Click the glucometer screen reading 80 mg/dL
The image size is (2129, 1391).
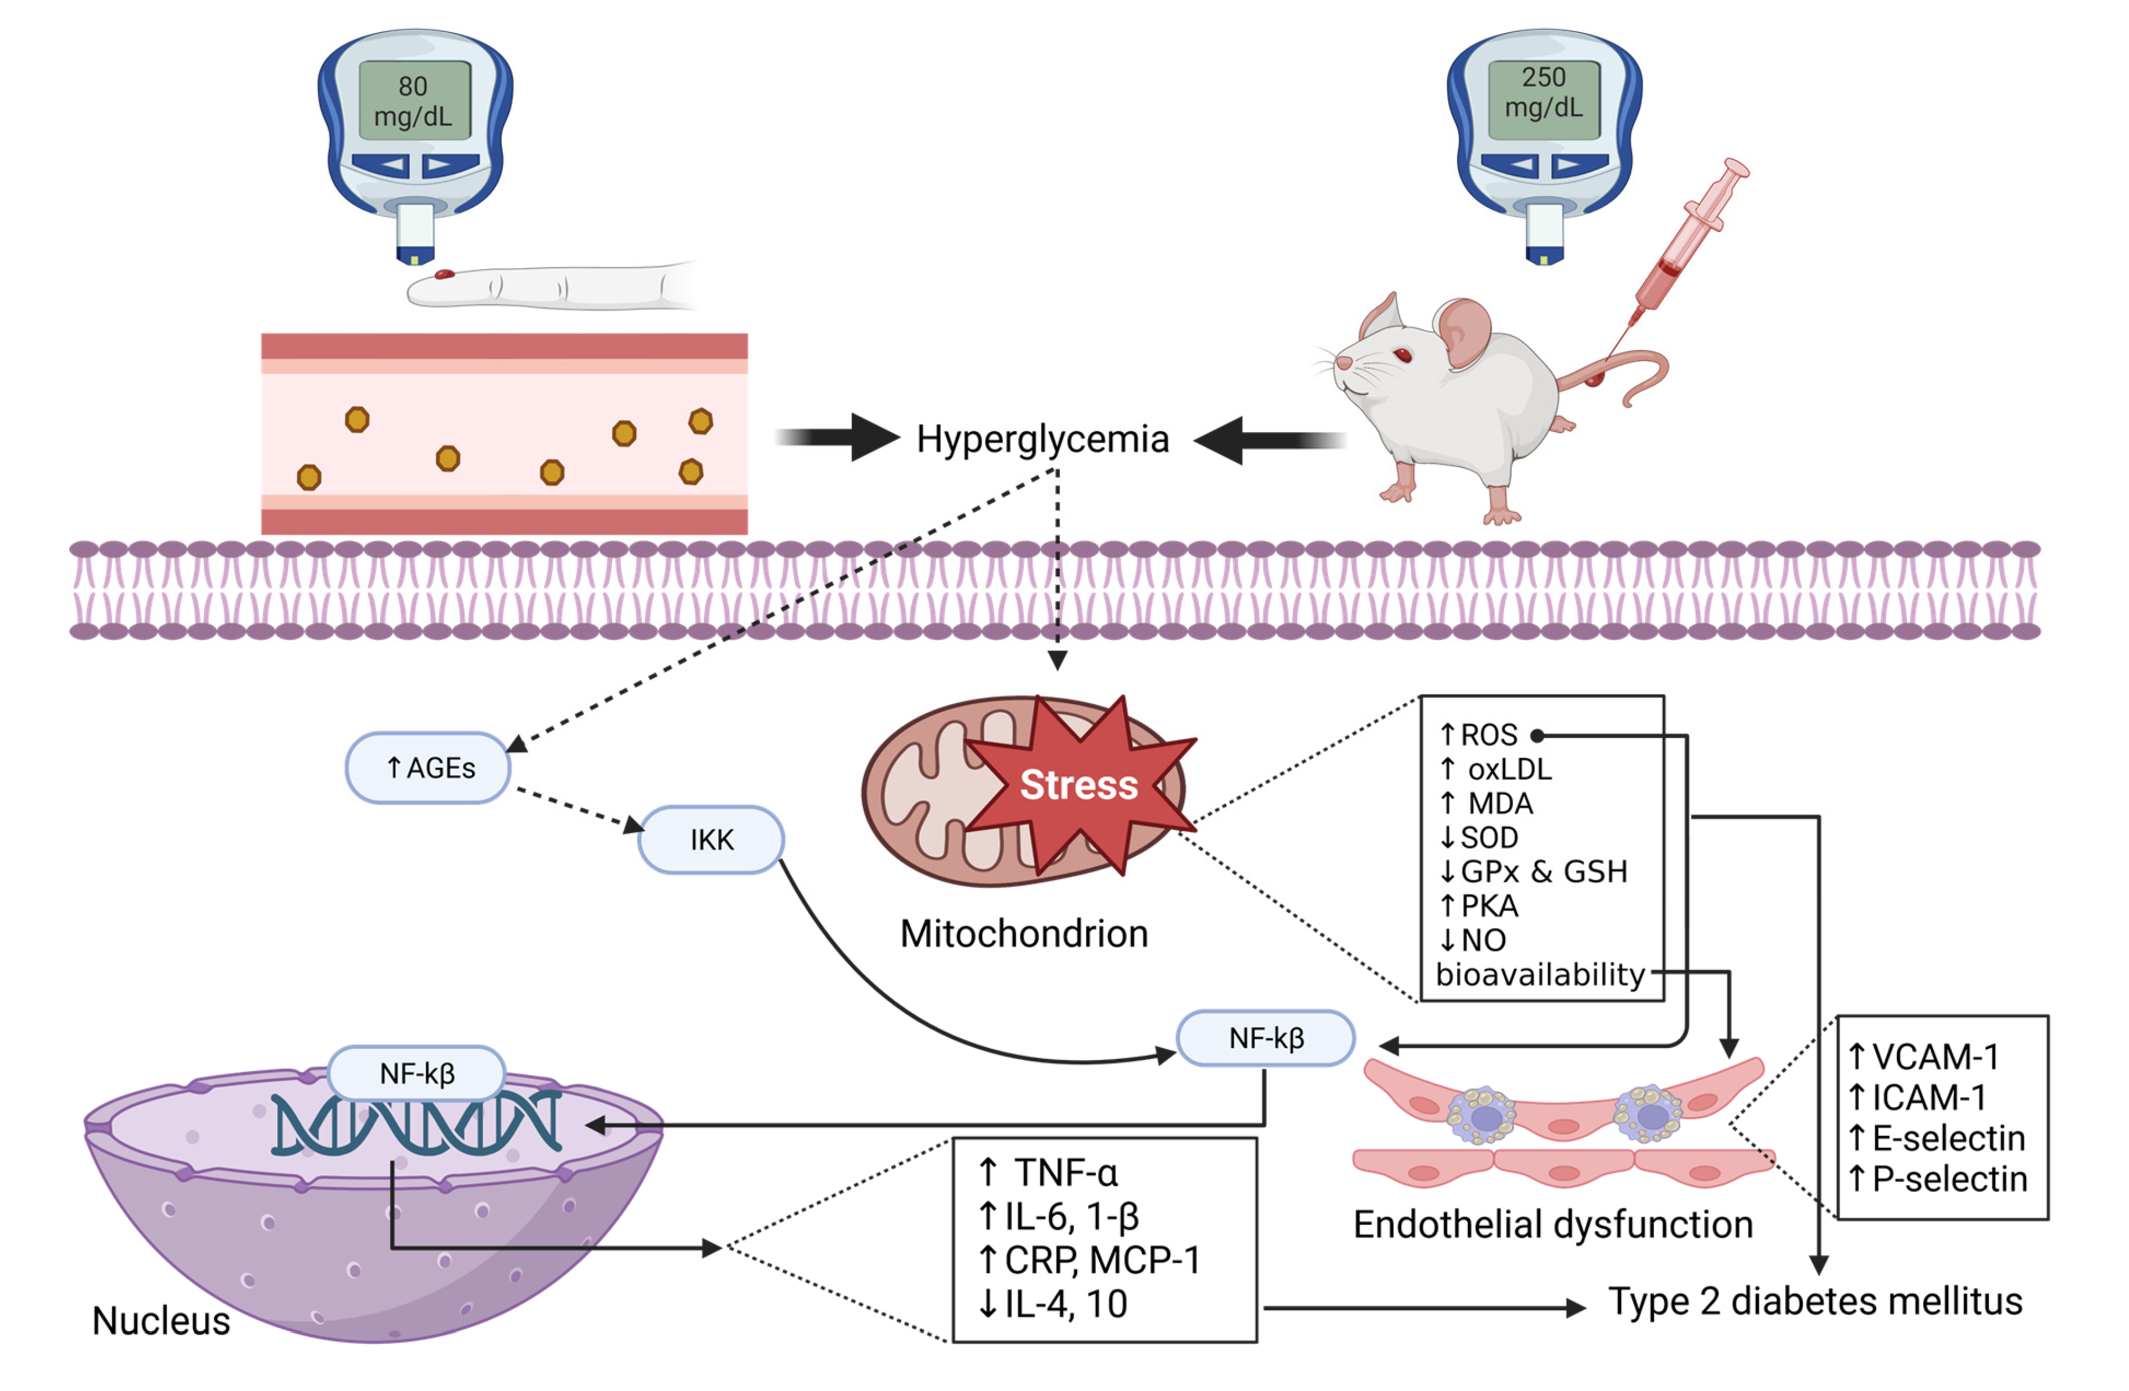pyautogui.click(x=414, y=100)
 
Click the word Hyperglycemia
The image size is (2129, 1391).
pyautogui.click(x=1042, y=439)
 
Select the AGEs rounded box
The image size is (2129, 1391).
pyautogui.click(x=428, y=768)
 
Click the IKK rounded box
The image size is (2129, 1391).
pyautogui.click(x=711, y=839)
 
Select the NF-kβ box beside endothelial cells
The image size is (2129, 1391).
pyautogui.click(x=1265, y=1037)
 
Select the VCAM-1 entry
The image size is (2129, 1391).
pyautogui.click(x=1923, y=1057)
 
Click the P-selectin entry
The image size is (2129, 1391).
pyautogui.click(x=1938, y=1179)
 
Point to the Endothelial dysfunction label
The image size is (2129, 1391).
pyautogui.click(x=1552, y=1224)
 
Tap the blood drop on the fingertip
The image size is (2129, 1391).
pyautogui.click(x=445, y=274)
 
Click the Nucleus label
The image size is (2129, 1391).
pyautogui.click(x=161, y=1320)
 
